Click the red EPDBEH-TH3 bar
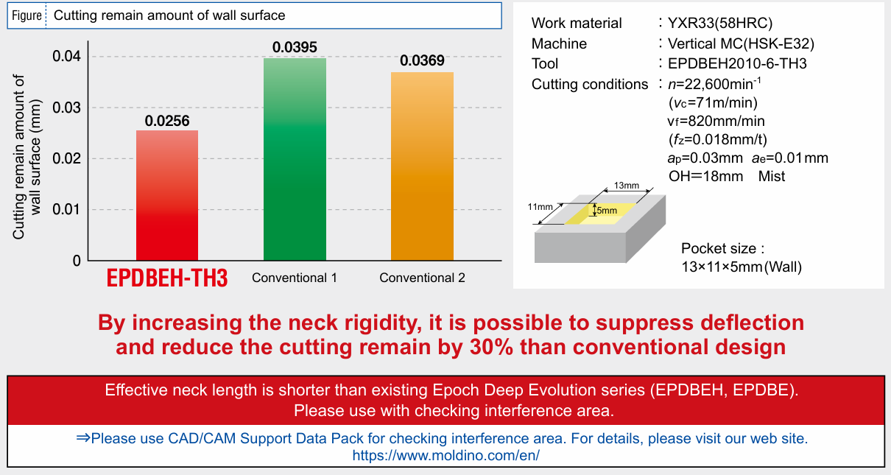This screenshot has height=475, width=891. tap(167, 195)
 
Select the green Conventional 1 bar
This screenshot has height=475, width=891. tap(295, 159)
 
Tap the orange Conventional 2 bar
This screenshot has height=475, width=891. tap(422, 166)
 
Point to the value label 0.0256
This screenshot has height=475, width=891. tap(167, 121)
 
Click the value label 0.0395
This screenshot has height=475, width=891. tap(295, 47)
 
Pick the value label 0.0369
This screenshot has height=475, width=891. tap(422, 60)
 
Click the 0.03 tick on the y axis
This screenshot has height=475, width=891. tap(66, 108)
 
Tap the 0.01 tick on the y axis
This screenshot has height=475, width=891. tap(66, 209)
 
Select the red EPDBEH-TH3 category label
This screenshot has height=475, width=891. tap(167, 278)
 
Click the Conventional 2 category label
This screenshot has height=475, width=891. tap(422, 278)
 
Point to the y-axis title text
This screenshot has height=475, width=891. tap(27, 157)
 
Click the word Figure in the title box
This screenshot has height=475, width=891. tap(27, 15)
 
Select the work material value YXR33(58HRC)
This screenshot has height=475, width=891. tap(720, 23)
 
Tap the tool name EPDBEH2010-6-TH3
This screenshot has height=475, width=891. tap(737, 63)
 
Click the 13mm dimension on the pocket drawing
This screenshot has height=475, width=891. tap(627, 186)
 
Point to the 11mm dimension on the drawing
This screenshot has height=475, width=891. tap(540, 207)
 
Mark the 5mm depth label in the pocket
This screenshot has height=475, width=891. tap(607, 211)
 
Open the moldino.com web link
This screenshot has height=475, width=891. tap(446, 455)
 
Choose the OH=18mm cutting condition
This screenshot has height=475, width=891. tap(705, 176)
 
